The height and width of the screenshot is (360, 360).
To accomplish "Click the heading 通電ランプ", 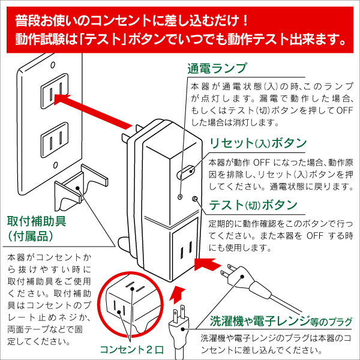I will (x=217, y=69).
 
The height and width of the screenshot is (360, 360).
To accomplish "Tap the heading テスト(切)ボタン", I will (x=253, y=205).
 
